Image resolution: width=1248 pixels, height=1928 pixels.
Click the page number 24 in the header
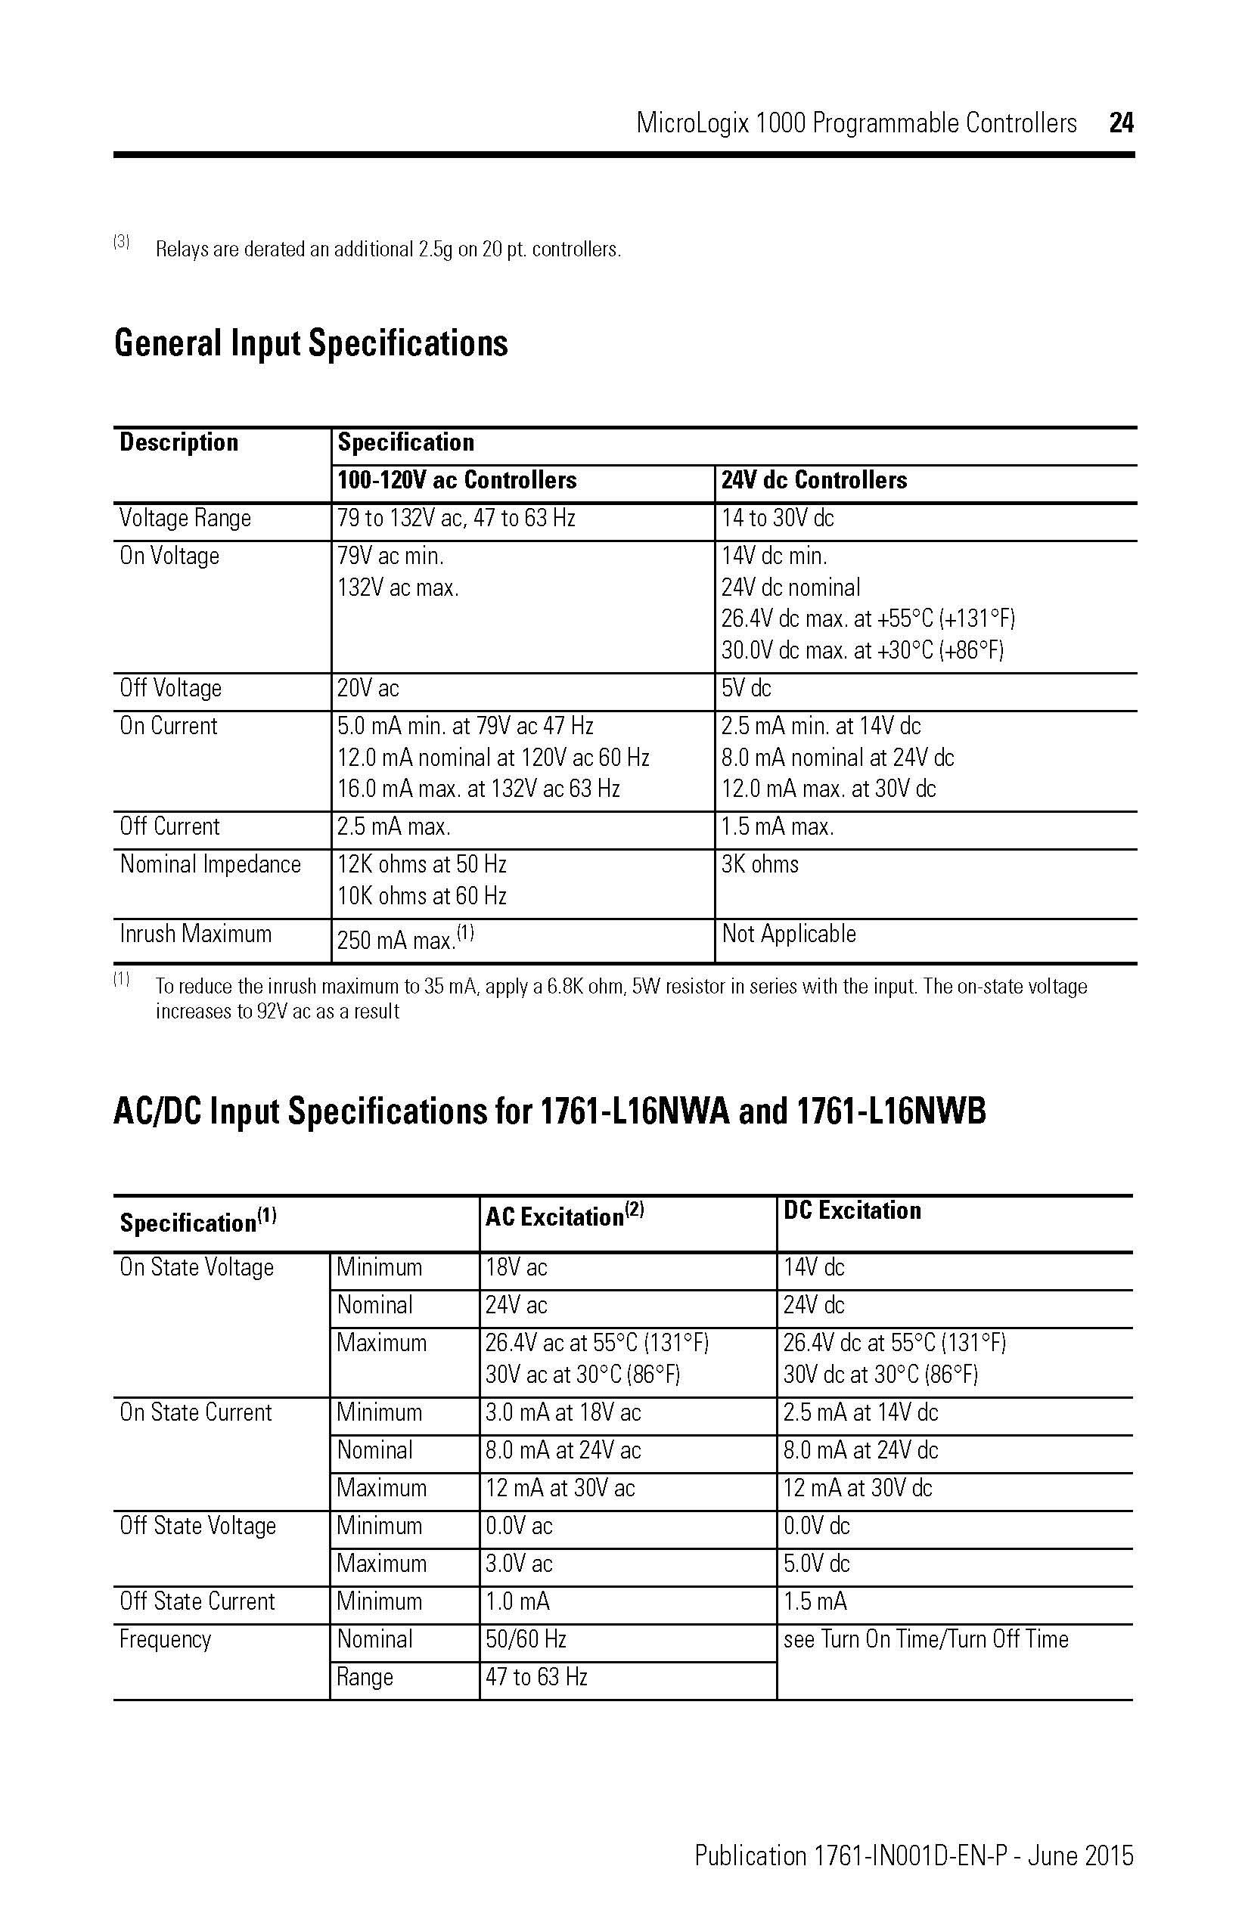[x=1121, y=123]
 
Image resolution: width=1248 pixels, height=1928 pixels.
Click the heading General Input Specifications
[x=311, y=343]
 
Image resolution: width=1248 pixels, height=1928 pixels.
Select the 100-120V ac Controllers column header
[x=456, y=480]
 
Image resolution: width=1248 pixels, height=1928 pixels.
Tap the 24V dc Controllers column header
[x=814, y=480]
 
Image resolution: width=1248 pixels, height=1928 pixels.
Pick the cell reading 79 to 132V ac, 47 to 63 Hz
[x=455, y=519]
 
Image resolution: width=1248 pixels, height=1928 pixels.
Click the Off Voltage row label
[x=170, y=689]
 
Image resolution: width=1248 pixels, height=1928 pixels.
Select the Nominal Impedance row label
[x=210, y=864]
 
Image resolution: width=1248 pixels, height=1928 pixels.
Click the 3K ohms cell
[x=759, y=864]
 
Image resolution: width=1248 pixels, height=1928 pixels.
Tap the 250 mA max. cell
[x=405, y=939]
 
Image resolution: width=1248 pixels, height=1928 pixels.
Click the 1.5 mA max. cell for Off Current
[x=778, y=827]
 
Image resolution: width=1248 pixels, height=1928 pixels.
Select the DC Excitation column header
[x=852, y=1210]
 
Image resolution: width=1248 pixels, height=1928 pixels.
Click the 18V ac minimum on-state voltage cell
[x=516, y=1268]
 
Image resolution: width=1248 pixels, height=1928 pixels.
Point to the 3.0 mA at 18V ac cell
[x=563, y=1413]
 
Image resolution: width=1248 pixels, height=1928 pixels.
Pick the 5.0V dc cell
[x=816, y=1564]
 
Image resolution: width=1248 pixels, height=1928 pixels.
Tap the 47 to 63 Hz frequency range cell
[x=536, y=1677]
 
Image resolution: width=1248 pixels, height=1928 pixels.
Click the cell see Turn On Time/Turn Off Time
[x=926, y=1640]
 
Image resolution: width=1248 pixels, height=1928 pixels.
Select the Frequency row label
[x=166, y=1640]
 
